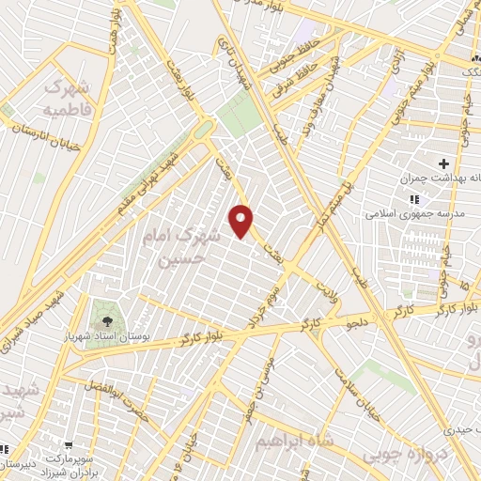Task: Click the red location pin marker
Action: [x=242, y=220]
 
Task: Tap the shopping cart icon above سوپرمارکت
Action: [x=69, y=448]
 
